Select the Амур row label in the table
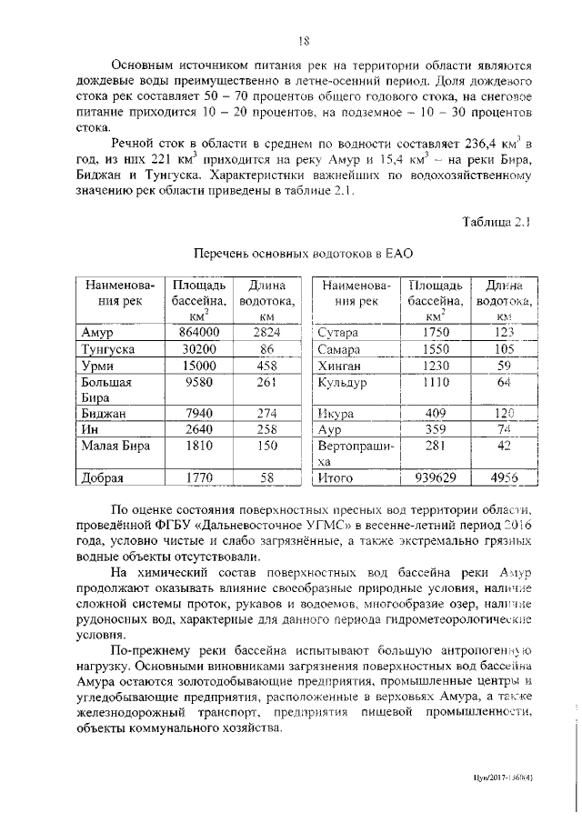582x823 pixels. point(96,333)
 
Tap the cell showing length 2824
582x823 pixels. point(266,333)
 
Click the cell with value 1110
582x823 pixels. point(436,382)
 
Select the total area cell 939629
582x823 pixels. point(436,477)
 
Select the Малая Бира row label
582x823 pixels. point(114,446)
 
